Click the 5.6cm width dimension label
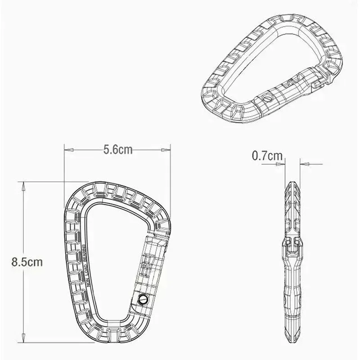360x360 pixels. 118,150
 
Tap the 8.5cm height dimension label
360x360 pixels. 28,261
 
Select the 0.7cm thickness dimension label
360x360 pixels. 267,156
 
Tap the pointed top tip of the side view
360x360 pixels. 292,183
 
